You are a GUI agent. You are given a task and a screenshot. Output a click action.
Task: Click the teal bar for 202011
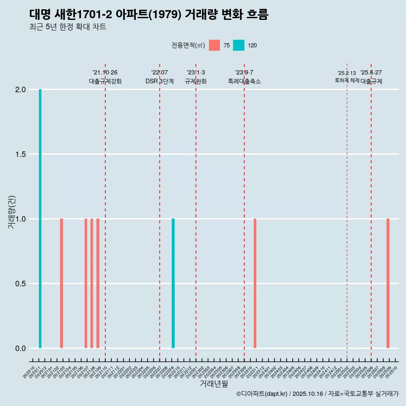click(40, 219)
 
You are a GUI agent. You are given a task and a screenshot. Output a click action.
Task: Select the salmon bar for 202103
click(61, 283)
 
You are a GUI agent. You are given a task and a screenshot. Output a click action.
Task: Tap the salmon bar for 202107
click(86, 283)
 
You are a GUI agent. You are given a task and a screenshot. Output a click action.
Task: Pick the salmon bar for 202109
click(98, 283)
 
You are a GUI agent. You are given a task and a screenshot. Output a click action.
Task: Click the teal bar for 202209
click(173, 283)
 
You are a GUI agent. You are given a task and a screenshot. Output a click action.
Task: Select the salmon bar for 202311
click(255, 283)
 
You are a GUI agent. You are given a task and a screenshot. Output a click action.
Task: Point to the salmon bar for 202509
click(388, 283)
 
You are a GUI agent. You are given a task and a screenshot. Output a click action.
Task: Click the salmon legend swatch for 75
click(214, 45)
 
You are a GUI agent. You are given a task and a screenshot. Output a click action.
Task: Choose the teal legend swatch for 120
click(239, 45)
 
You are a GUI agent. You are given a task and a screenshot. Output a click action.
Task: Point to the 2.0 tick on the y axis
click(21, 90)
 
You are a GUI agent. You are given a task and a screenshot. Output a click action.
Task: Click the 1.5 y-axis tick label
click(21, 154)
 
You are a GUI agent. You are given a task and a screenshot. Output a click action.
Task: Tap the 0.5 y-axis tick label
click(21, 284)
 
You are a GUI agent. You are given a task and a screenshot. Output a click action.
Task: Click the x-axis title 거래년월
click(214, 384)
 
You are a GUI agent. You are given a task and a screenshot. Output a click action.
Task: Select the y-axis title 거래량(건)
click(12, 212)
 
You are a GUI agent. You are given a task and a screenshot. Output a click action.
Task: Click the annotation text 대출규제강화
click(105, 81)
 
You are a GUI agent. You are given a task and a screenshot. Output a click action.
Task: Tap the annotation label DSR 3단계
click(159, 81)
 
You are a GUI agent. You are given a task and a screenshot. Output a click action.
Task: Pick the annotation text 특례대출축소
click(244, 81)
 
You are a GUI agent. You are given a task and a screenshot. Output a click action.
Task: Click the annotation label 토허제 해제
click(347, 80)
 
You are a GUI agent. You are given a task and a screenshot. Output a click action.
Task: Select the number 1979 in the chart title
click(172, 15)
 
